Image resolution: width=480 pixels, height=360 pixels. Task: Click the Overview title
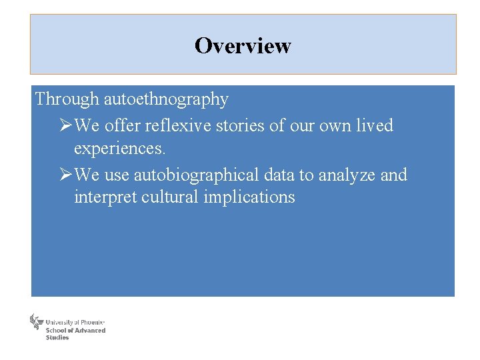point(243,45)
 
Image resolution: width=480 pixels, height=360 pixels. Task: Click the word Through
point(67,99)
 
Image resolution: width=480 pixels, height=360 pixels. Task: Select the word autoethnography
point(166,100)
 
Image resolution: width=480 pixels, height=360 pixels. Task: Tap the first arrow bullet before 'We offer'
point(65,125)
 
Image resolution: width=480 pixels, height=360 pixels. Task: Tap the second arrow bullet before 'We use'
point(65,175)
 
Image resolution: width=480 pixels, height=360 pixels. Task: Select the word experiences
point(120,148)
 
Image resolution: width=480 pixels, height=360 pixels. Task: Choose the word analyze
point(347,175)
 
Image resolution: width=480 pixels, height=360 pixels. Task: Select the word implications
point(250,198)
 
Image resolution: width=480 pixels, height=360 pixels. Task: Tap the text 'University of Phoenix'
point(75,322)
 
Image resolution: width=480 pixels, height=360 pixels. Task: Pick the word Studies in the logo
point(57,337)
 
